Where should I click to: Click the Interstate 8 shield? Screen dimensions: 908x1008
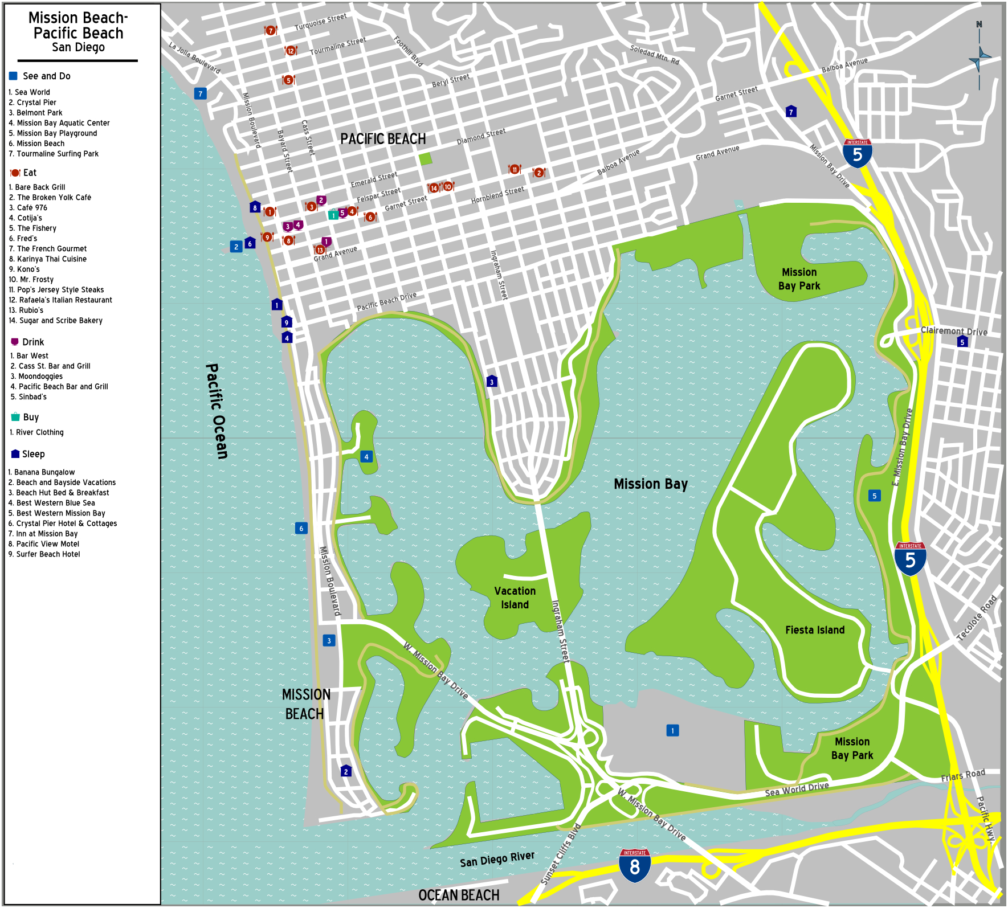coord(635,865)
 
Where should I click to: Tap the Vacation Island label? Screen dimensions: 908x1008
coord(515,598)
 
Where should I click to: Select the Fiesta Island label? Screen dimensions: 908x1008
coord(815,630)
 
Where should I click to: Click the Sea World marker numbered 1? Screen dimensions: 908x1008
coord(672,730)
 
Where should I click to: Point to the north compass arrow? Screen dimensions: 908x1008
coord(980,57)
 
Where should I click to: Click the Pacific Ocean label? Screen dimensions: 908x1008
coord(217,411)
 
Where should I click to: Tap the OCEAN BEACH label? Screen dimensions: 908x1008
coord(459,895)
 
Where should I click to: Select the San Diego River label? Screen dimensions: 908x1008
coord(497,859)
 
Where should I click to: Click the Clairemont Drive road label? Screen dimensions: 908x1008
coord(954,331)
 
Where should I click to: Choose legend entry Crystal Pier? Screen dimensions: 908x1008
coord(36,103)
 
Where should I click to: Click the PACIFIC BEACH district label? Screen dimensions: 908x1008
coord(383,139)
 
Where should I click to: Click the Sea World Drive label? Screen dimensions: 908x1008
coord(797,789)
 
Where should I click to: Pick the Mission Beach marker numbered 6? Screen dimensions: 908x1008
coord(301,528)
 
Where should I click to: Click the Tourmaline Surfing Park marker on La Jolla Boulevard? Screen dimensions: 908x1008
coord(200,93)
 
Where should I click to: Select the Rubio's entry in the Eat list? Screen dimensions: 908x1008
coord(31,310)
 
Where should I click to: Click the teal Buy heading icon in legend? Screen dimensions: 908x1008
coord(15,417)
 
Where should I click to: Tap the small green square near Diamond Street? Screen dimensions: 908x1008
coord(425,159)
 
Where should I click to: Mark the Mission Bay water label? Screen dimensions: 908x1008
coord(651,484)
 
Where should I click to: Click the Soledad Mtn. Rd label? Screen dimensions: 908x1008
coord(654,54)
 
